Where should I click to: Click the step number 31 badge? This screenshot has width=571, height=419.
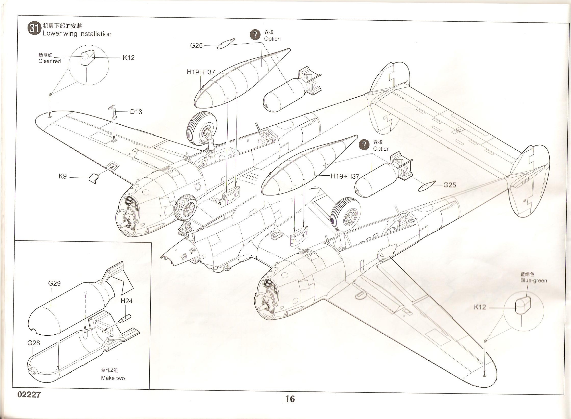(34, 29)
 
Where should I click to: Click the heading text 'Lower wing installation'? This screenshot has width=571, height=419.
(77, 34)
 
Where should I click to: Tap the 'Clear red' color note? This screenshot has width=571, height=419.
(49, 61)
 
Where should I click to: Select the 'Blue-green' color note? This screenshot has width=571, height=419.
(533, 281)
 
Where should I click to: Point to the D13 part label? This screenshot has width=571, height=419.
(136, 112)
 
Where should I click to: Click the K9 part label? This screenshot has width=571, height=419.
(63, 176)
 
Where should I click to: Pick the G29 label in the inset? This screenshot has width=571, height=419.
(54, 283)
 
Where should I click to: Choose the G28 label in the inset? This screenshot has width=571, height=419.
(34, 343)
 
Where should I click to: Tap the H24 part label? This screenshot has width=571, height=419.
(127, 301)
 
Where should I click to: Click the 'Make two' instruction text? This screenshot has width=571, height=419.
(113, 378)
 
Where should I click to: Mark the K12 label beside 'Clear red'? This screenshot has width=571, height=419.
(128, 58)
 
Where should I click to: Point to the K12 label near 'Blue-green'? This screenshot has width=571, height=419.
(480, 307)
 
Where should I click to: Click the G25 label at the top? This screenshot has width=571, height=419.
(196, 46)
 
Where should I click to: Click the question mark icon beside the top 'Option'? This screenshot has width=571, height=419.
(255, 35)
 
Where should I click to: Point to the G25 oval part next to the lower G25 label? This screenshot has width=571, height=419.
(427, 186)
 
